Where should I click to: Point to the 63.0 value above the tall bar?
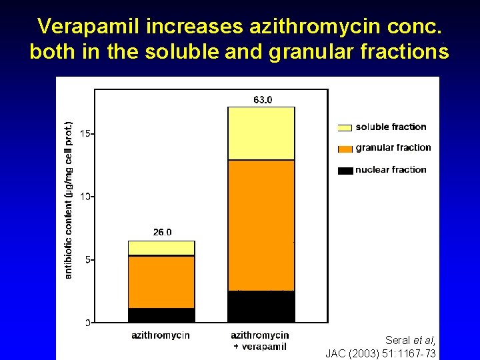tap(263, 100)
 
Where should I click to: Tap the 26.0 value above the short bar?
tap(162, 232)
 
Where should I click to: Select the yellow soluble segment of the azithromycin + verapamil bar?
tap(261, 133)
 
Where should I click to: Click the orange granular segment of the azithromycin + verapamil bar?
tap(261, 225)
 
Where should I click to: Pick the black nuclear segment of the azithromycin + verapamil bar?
tap(261, 307)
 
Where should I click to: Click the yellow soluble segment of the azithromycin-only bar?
tap(161, 248)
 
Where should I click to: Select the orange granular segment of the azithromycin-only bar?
tap(161, 282)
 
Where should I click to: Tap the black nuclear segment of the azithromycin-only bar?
tap(161, 315)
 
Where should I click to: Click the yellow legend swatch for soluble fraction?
tap(345, 127)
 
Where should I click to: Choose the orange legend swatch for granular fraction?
tap(345, 148)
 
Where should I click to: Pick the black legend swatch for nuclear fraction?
tap(345, 171)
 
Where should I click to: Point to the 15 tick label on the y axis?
tap(85, 133)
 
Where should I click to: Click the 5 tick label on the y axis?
tap(87, 259)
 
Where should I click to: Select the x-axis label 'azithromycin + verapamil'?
tap(259, 340)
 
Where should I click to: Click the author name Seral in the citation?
tap(397, 340)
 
